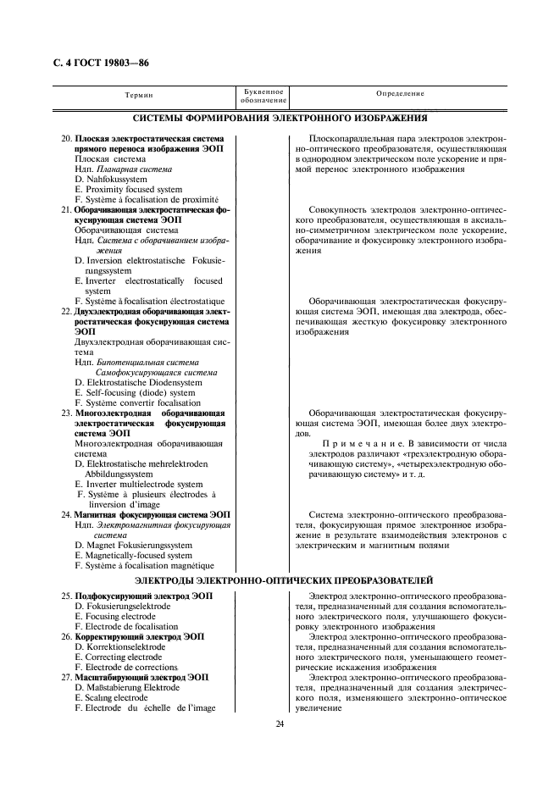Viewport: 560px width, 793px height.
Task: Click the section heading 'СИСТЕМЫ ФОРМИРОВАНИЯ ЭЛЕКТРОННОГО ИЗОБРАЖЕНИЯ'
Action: point(280,118)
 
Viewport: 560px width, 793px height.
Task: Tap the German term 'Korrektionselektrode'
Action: point(119,646)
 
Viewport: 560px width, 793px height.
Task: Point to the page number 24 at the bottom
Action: point(280,723)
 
